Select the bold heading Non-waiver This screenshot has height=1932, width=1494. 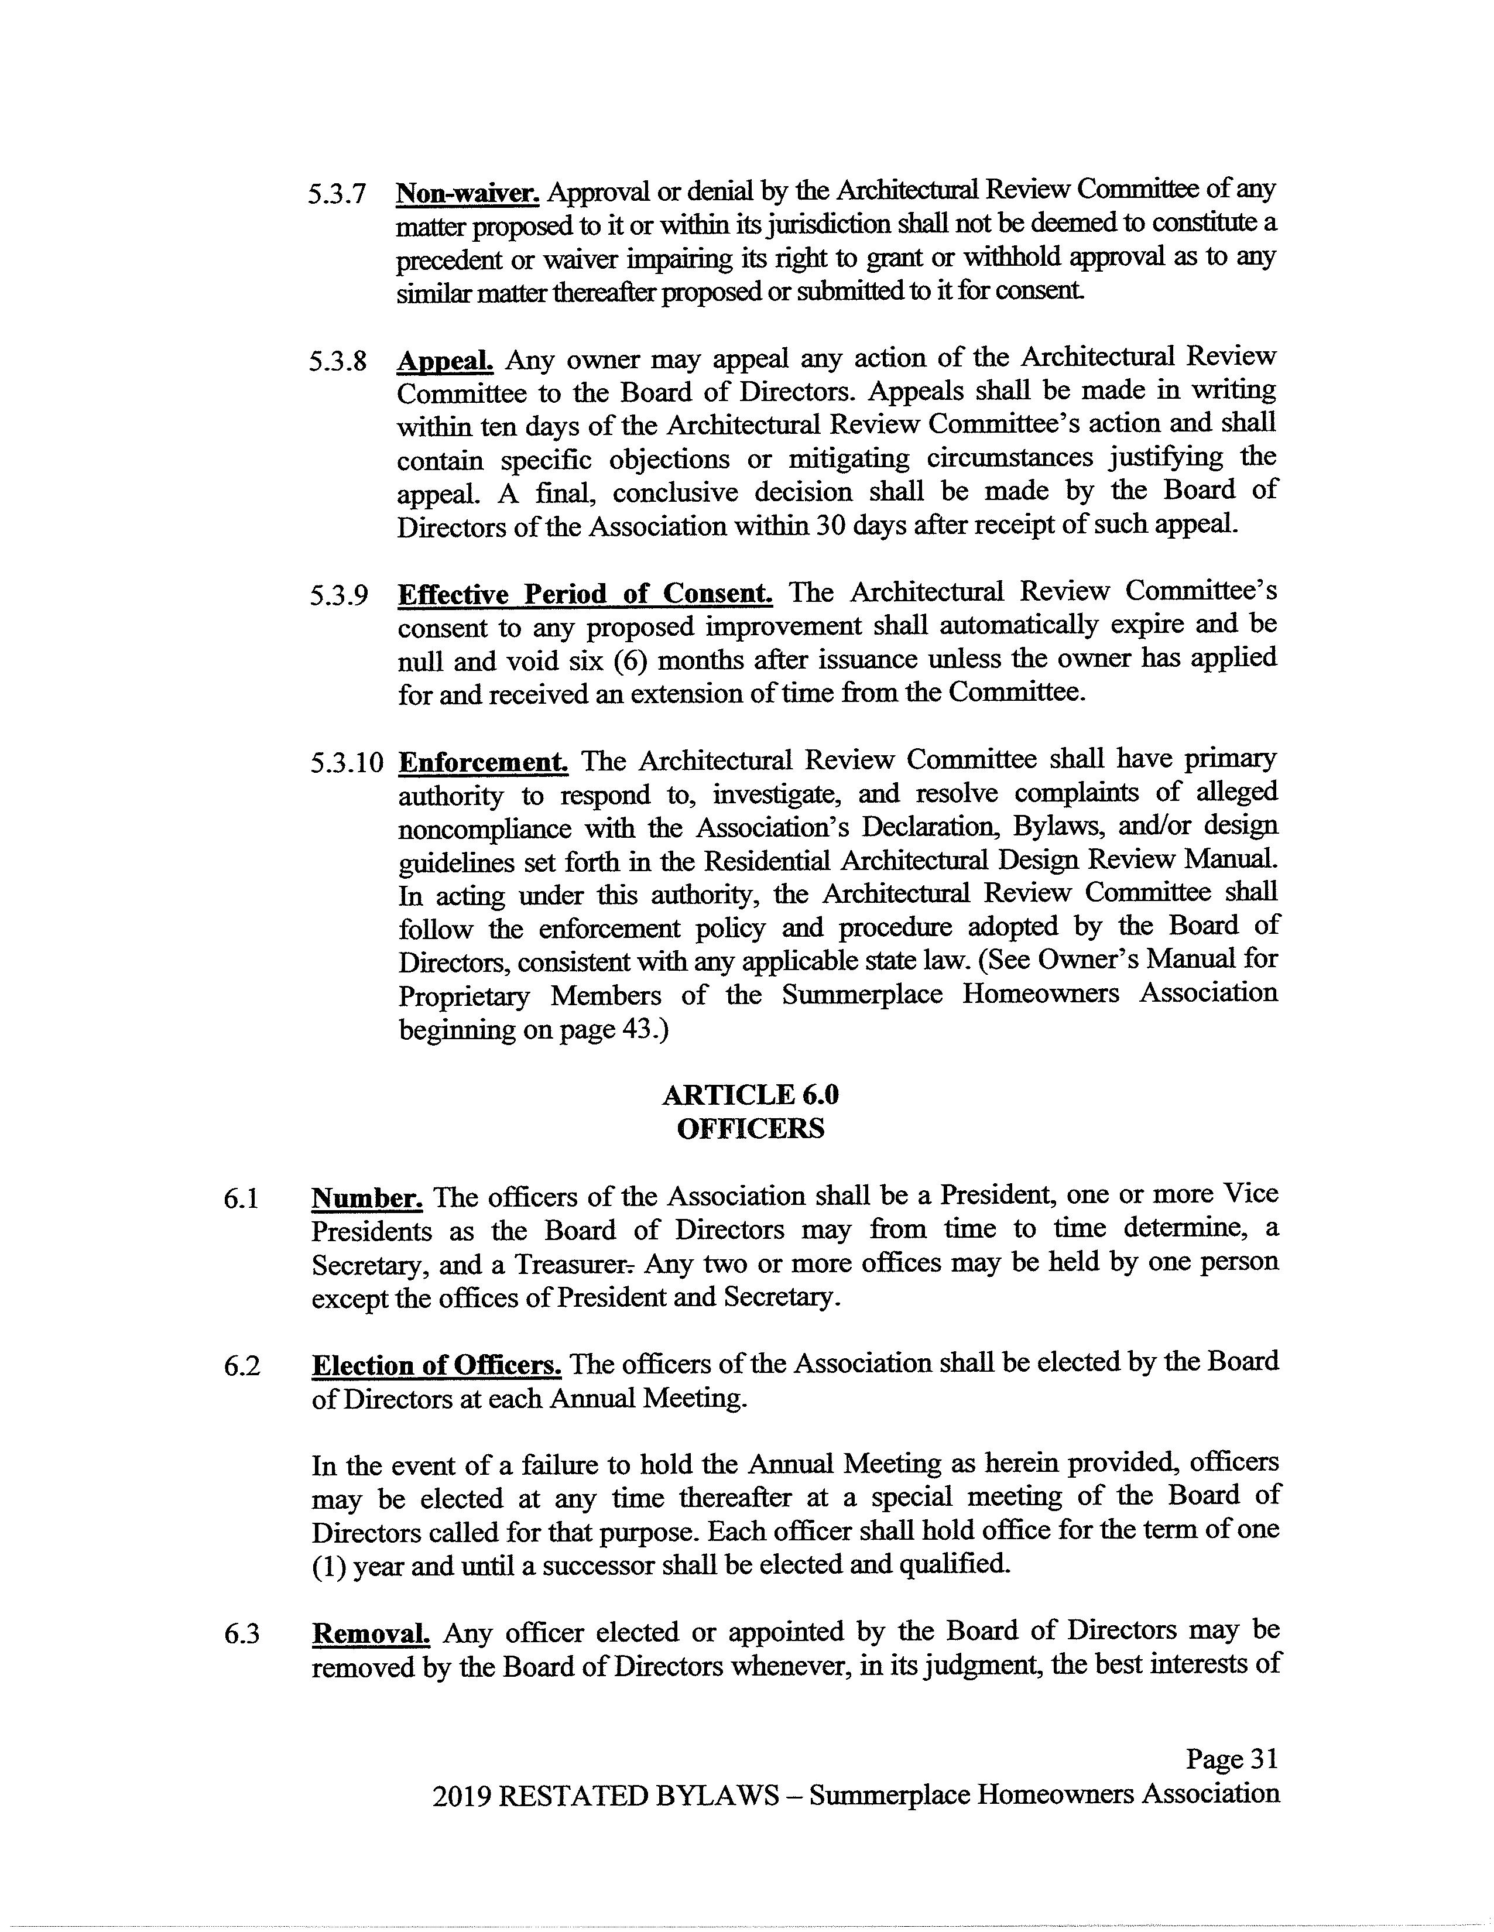(x=469, y=193)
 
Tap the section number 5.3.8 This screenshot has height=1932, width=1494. (x=337, y=362)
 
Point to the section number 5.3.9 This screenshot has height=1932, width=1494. (x=338, y=595)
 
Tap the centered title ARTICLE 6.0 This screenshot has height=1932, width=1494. (x=750, y=1095)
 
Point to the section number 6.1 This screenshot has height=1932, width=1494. (x=241, y=1200)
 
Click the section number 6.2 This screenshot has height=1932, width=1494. (x=241, y=1366)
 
